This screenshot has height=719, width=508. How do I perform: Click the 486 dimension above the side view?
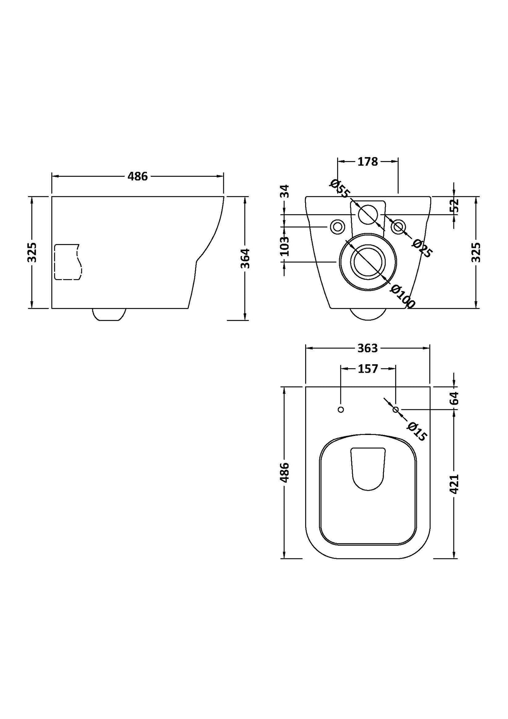pos(137,176)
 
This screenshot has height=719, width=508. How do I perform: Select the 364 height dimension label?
pos(245,258)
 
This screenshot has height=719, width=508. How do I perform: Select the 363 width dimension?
pos(367,348)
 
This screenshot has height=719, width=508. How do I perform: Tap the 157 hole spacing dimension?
pos(368,369)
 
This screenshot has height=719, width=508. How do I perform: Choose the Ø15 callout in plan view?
pos(417,431)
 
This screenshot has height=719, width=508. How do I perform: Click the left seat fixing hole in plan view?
pos(340,410)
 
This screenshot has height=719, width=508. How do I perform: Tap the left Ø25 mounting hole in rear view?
pos(337,227)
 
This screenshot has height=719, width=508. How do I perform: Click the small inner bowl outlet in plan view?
pos(368,469)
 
